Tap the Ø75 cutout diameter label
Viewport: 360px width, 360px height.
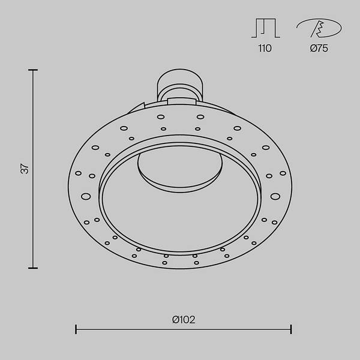[319, 49]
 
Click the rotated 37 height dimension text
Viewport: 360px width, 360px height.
[25, 169]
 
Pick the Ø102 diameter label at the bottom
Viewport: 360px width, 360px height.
[184, 320]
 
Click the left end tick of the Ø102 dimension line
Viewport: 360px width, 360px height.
[76, 329]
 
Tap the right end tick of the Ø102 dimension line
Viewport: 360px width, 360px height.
[291, 329]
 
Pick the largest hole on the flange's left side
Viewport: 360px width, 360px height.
[86, 196]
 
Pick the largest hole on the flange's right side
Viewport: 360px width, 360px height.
[275, 196]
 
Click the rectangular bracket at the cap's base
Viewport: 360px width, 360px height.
[180, 102]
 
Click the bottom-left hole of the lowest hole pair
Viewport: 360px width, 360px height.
[166, 263]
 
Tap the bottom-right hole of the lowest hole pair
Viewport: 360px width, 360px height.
[195, 263]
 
